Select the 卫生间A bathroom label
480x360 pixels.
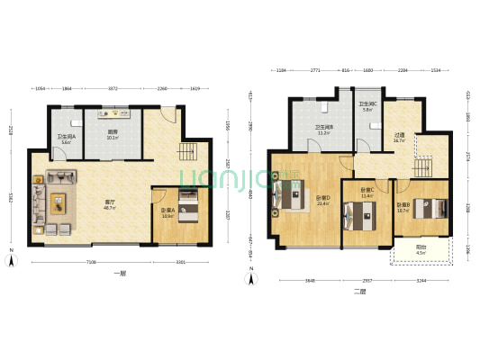(67, 139)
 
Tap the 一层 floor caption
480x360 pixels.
(119, 271)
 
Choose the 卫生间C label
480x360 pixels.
(367, 106)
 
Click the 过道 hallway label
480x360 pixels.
(399, 138)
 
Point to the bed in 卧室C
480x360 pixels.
(361, 216)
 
